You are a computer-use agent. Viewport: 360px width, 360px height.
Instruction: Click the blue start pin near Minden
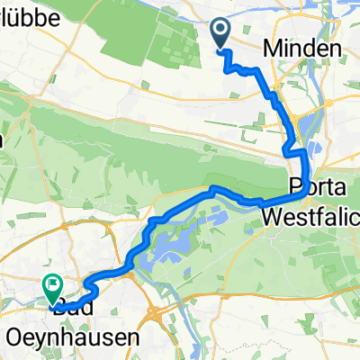pyautogui.click(x=221, y=34)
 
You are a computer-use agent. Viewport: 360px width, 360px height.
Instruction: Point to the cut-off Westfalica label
pyautogui.click(x=310, y=216)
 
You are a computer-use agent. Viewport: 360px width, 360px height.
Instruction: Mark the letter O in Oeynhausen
pyautogui.click(x=13, y=337)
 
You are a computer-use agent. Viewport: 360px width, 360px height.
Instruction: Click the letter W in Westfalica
pyautogui.click(x=272, y=216)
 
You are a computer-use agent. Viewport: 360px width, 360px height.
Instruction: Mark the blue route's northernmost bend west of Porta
pyautogui.click(x=213, y=188)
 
